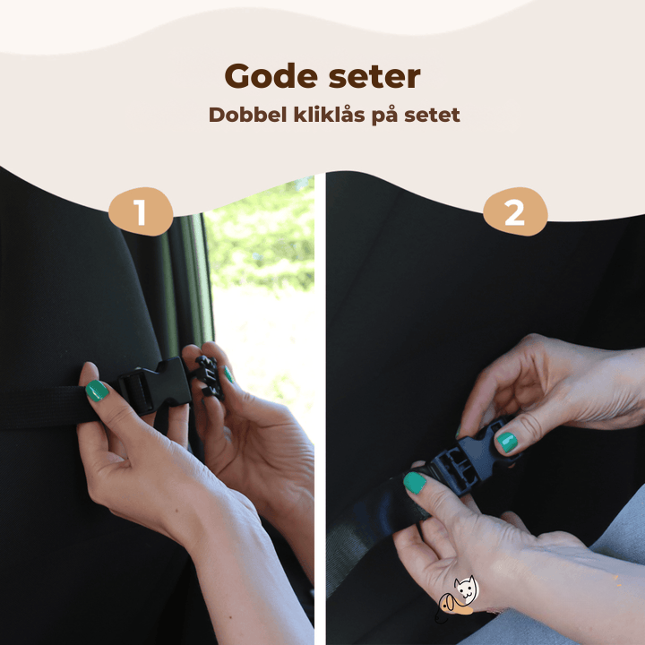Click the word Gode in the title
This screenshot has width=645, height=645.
[x=271, y=75]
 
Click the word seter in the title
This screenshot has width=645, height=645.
[x=374, y=77]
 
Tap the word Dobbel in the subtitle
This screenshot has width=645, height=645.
[x=247, y=115]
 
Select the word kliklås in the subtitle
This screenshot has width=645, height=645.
[x=329, y=114]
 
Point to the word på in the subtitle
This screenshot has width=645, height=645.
[x=384, y=116]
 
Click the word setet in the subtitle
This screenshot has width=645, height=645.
[x=432, y=116]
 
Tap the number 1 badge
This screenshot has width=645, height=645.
[x=141, y=211]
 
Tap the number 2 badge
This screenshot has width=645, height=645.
[x=515, y=211]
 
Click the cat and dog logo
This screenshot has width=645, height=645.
[x=457, y=598]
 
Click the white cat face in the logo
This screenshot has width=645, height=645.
[x=466, y=589]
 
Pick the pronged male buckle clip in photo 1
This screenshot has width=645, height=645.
[x=210, y=377]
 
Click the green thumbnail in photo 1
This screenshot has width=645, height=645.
[x=97, y=391]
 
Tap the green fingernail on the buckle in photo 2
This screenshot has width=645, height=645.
[x=507, y=443]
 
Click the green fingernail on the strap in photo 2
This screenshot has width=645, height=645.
[x=415, y=483]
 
